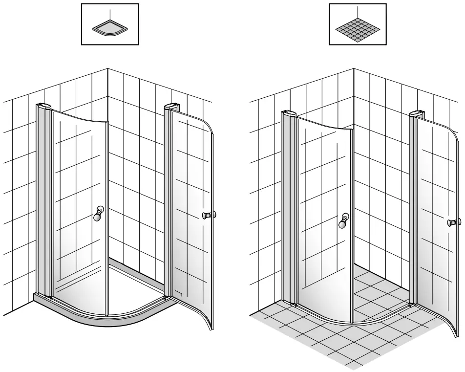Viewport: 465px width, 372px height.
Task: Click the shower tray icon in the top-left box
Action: pos(110,29)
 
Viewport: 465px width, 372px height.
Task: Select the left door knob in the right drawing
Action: pos(344,221)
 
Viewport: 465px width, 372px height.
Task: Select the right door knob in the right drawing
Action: pos(455,222)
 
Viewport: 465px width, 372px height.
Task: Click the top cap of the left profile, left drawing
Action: pos(44,106)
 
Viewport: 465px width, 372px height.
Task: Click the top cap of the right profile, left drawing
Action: pos(171,106)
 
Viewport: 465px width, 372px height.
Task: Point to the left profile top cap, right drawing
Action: pos(289,114)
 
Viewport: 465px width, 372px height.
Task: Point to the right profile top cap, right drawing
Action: pos(417,114)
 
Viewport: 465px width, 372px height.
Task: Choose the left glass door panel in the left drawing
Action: pos(78,205)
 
